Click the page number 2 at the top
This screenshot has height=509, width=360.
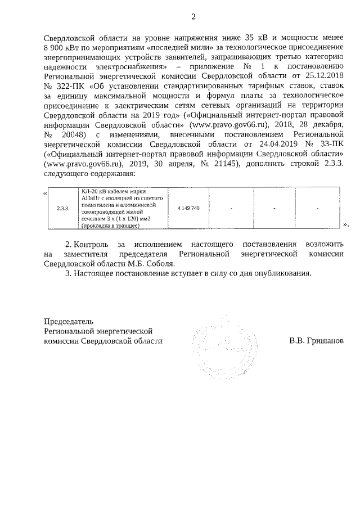pos(194,16)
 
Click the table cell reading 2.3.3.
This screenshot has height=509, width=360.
pos(63,209)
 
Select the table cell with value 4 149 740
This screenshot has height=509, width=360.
pos(188,209)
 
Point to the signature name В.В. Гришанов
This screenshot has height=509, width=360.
pos(316,341)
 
